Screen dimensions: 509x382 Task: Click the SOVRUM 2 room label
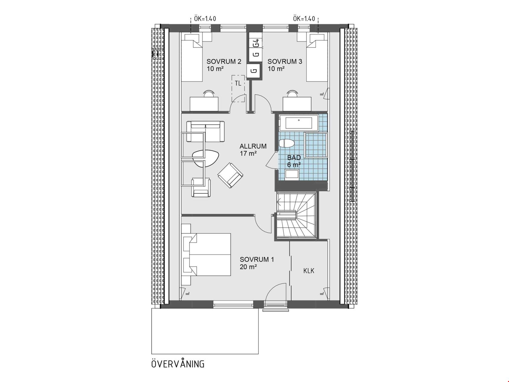[224, 61]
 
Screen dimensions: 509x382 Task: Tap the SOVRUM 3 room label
[285, 61]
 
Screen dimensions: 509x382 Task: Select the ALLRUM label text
[253, 146]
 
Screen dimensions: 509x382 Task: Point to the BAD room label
[294, 158]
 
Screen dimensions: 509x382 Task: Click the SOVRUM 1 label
[257, 259]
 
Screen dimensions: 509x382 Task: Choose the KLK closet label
[309, 271]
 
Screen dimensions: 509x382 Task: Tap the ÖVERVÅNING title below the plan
[178, 364]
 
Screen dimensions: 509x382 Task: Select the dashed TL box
[238, 88]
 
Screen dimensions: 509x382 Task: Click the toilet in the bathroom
[287, 144]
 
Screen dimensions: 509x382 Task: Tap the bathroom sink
[293, 174]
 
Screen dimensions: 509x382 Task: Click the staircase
[296, 215]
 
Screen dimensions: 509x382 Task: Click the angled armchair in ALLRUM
[230, 175]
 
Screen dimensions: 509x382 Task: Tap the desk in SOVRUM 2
[204, 104]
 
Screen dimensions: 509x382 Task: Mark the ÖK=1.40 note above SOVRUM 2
[205, 19]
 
